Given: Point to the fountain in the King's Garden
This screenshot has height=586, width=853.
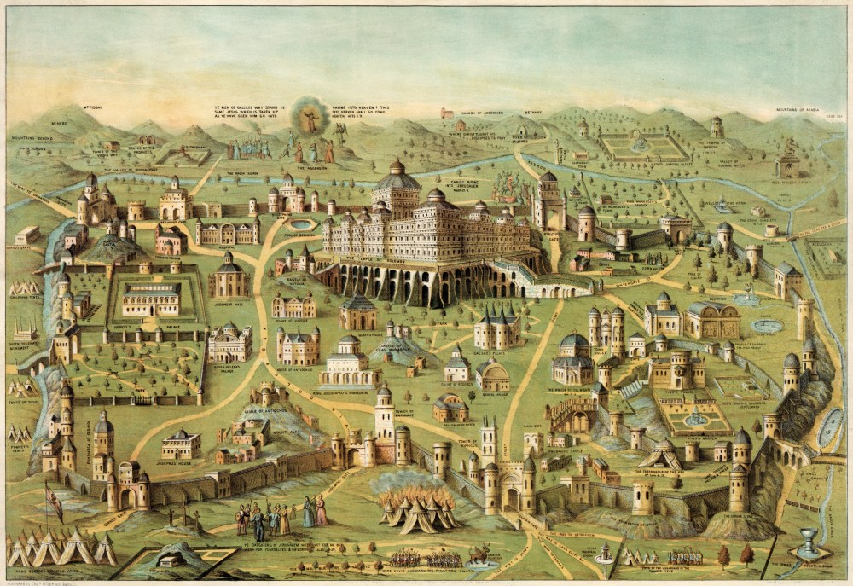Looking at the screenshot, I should pyautogui.click(x=696, y=418).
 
